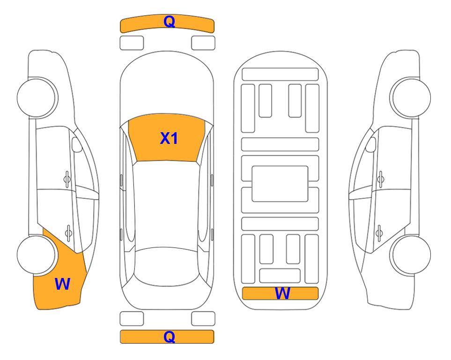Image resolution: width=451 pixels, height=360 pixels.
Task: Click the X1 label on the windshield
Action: coord(169,138)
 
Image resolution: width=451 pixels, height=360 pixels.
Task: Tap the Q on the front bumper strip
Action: coord(169,21)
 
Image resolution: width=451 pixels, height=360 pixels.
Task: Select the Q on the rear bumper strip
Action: coord(169,337)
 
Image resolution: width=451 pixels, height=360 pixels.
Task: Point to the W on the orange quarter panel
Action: coord(62,284)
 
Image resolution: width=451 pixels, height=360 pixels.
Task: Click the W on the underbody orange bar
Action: coord(282,293)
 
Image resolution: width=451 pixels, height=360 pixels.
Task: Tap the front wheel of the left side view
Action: coord(37,98)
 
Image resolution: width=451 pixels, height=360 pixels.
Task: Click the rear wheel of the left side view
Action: coord(36,255)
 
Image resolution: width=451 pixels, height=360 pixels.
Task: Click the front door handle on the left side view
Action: coord(67,179)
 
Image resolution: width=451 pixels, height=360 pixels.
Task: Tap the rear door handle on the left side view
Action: coord(69,232)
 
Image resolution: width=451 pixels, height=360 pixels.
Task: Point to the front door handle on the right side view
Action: coord(381,179)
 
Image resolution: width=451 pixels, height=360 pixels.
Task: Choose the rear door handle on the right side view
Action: coord(379,232)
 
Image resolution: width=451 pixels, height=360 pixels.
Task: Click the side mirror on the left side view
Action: coord(77,144)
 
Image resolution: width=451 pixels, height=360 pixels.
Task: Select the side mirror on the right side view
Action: coord(371,144)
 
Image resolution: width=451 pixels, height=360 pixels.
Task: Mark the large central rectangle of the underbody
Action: coord(280,184)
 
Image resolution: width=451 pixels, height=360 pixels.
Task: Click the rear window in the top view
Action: coord(167,266)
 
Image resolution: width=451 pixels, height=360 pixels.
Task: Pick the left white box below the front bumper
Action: coord(132,43)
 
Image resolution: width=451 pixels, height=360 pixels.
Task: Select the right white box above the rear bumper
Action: coord(203,319)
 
